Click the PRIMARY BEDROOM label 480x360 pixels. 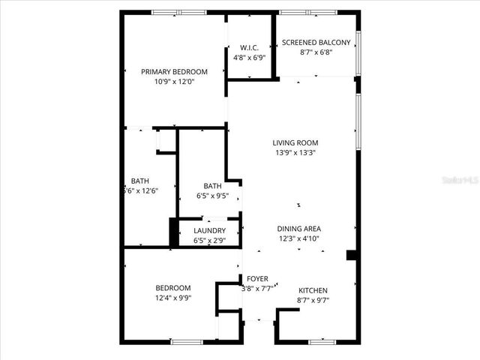pos(174,72)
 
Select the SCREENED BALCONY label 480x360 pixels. pos(316,43)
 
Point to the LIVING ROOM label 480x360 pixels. pos(295,142)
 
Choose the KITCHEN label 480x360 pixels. pos(313,290)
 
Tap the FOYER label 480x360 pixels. pos(257,279)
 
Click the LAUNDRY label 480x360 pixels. pos(210,230)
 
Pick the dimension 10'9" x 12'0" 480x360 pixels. pos(174,82)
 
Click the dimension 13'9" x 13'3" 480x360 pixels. pos(295,152)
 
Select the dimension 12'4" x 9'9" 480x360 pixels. pos(173,298)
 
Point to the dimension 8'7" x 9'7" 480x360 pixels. pos(313,300)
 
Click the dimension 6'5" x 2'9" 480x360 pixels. pos(210,241)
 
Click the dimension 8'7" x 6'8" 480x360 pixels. pos(316,53)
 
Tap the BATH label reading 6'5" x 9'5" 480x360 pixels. pos(212,186)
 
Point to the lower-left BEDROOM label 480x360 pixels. pos(173,288)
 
